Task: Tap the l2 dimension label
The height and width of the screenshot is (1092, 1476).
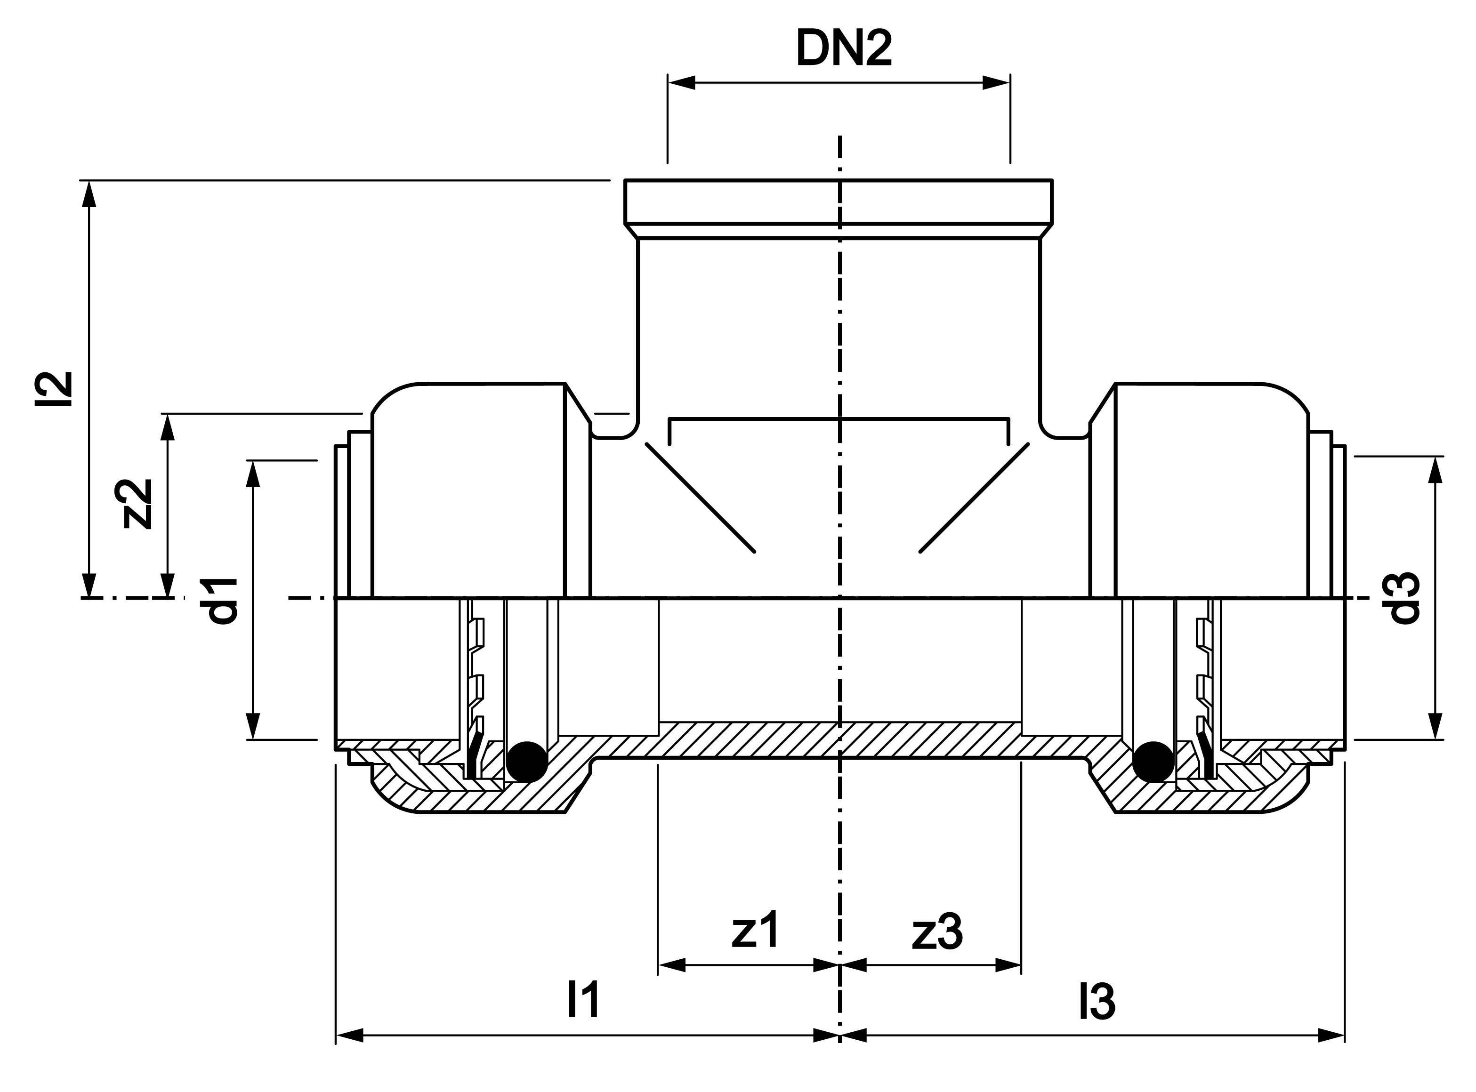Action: click(54, 389)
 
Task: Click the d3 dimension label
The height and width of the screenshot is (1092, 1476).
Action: click(1404, 598)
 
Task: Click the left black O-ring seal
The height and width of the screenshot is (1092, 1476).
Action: click(526, 762)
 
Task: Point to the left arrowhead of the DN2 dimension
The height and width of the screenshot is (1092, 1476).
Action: click(681, 83)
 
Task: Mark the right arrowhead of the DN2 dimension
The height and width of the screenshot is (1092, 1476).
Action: click(997, 83)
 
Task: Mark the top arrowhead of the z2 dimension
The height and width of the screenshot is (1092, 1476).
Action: click(168, 428)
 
